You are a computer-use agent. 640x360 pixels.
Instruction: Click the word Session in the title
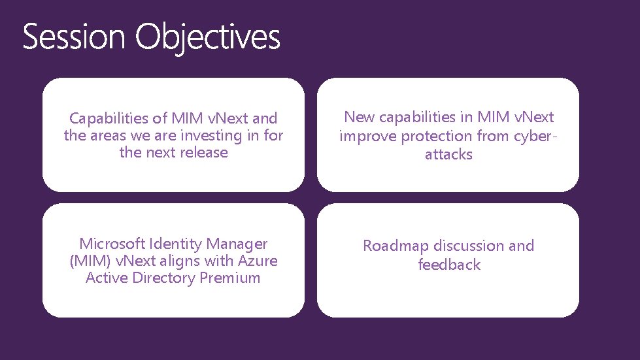click(73, 37)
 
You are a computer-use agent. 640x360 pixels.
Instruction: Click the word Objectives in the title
click(208, 37)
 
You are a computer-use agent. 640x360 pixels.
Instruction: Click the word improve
click(367, 137)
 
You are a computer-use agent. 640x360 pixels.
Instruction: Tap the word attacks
click(448, 155)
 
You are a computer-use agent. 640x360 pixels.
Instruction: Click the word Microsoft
click(112, 244)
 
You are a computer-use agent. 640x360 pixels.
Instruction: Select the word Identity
click(177, 244)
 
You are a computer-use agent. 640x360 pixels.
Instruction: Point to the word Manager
click(238, 244)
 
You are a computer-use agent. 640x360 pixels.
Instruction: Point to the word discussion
click(469, 246)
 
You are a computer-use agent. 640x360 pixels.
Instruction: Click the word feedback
click(449, 265)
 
